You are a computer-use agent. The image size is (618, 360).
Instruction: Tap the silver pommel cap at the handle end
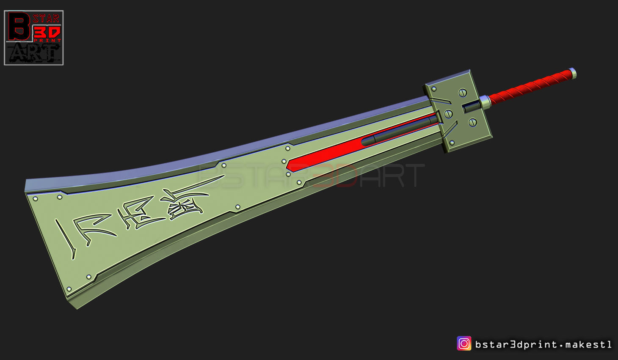point(572,73)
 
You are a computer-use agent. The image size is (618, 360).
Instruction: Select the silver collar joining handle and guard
point(485,102)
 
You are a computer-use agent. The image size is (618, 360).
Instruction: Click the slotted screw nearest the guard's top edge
point(463,92)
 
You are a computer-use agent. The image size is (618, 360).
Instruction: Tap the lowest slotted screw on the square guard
point(472,122)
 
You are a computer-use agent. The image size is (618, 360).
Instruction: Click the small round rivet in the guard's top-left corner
point(434,89)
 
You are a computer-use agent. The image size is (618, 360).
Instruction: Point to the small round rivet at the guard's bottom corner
point(452,143)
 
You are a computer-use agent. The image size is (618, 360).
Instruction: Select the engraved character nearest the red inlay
point(186,203)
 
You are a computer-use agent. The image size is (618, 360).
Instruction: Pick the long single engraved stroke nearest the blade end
point(66,239)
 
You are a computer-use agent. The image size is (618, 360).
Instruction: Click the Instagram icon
point(464,344)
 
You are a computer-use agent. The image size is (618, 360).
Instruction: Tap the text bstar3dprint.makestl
point(543,344)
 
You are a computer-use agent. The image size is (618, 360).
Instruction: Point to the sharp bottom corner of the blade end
point(77,308)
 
